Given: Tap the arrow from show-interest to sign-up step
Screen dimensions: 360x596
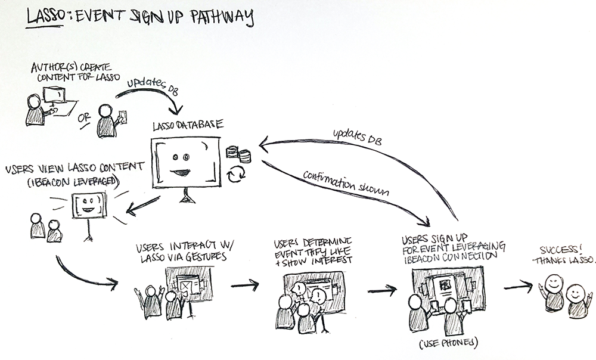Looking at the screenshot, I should click(382, 291).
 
